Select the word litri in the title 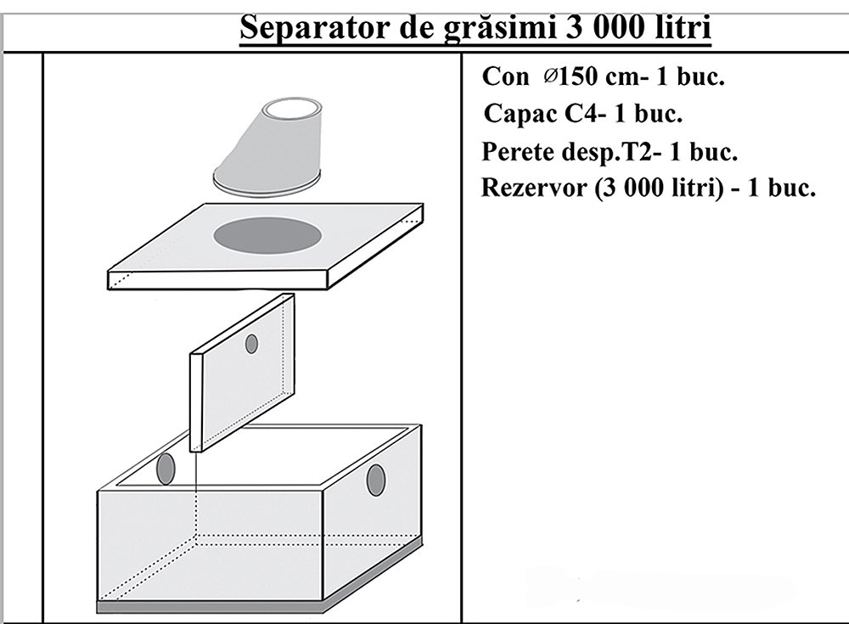[683, 26]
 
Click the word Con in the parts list [504, 77]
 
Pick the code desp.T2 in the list [610, 152]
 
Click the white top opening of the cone [291, 110]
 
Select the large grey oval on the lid [267, 235]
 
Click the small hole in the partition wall [251, 344]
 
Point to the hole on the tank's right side [376, 480]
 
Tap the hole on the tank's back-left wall [166, 469]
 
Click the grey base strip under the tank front [211, 608]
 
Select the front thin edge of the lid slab [218, 280]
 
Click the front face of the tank [211, 547]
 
